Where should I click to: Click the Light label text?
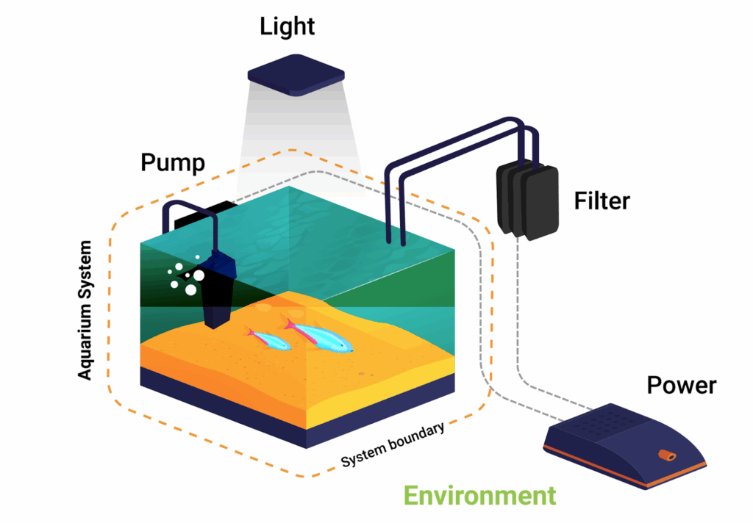[x=287, y=27]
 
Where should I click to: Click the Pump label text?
[x=173, y=162]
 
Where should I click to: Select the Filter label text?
[x=602, y=200]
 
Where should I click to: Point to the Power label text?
[x=682, y=384]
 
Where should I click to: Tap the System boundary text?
[x=393, y=446]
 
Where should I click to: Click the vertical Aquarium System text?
[x=86, y=309]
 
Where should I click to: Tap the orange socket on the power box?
[x=666, y=456]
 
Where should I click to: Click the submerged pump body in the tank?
[x=220, y=290]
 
